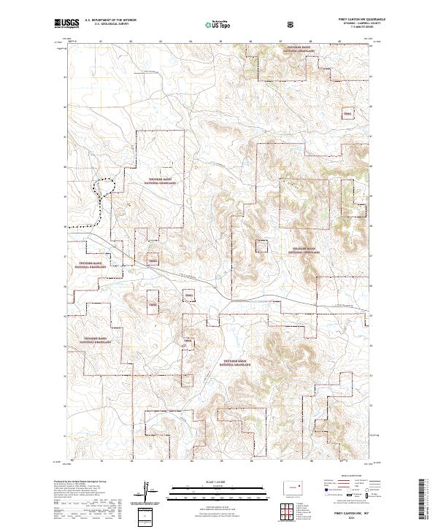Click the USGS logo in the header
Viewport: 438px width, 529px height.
(x=65, y=24)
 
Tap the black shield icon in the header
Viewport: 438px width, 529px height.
(x=291, y=23)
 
